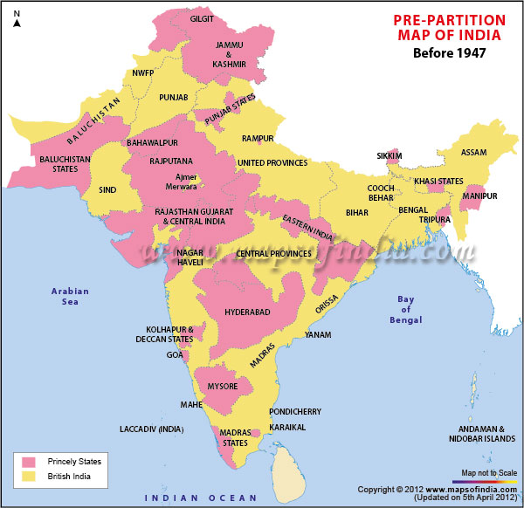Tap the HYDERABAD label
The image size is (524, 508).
[x=247, y=312]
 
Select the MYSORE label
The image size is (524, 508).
[x=222, y=385]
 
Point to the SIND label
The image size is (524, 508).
[x=107, y=189]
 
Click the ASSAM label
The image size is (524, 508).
[x=473, y=152]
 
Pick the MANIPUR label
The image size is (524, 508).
[x=480, y=196]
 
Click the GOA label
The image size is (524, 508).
[x=175, y=355]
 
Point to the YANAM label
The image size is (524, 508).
[x=318, y=334]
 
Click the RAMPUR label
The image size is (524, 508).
[x=258, y=139]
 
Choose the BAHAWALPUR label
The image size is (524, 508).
[x=152, y=141]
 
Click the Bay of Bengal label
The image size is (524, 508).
[x=406, y=310]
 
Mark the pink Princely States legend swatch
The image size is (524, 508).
[x=29, y=461]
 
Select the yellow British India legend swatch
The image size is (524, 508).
[x=29, y=477]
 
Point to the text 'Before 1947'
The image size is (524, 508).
[x=449, y=53]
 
